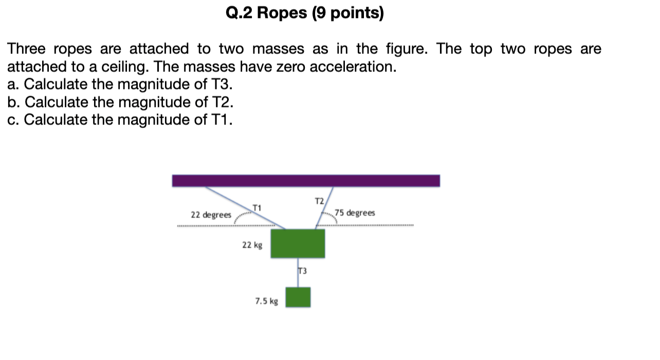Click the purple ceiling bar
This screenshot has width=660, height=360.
pyautogui.click(x=306, y=181)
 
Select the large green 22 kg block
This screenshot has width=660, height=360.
pyautogui.click(x=298, y=244)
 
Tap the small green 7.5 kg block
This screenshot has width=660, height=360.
pyautogui.click(x=298, y=297)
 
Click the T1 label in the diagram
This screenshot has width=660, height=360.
pyautogui.click(x=257, y=208)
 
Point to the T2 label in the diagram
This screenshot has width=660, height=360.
pyautogui.click(x=319, y=200)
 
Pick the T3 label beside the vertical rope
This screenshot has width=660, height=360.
pyautogui.click(x=302, y=271)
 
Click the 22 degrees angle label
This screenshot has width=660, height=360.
pyautogui.click(x=211, y=214)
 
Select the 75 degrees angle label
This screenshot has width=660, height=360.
pyautogui.click(x=355, y=213)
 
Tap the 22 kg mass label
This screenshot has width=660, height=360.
pyautogui.click(x=252, y=245)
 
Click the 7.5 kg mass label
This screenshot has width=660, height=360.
pyautogui.click(x=266, y=301)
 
